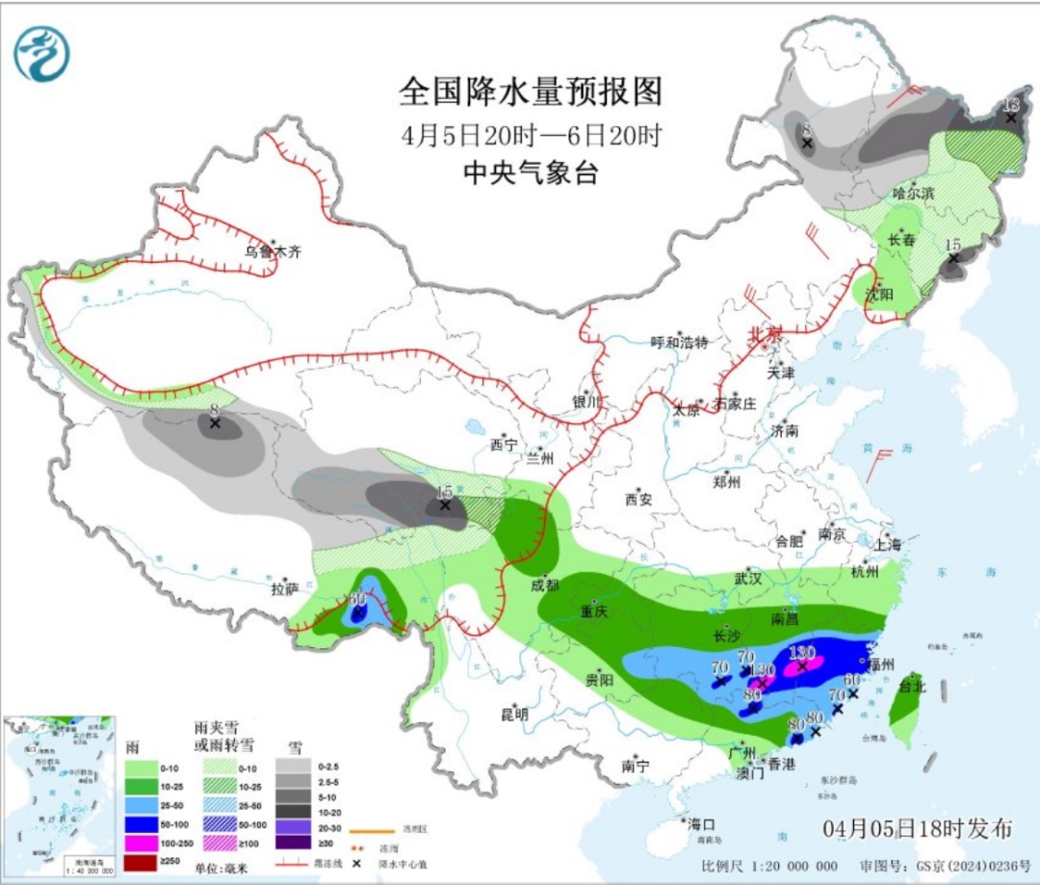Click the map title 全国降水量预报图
[x=531, y=92]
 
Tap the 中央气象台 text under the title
[x=531, y=172]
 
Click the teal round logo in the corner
[x=41, y=53]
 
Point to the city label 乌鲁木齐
[x=273, y=252]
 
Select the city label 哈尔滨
[x=913, y=194]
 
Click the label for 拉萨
[x=284, y=588]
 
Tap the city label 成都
[x=545, y=585]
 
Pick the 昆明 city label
[x=514, y=715]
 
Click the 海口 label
[x=700, y=824]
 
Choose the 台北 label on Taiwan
[x=911, y=688]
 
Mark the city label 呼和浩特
[x=679, y=343]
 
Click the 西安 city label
[x=639, y=499]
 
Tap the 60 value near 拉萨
[x=357, y=599]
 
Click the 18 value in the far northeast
[x=1010, y=105]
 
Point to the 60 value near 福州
[x=851, y=680]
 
